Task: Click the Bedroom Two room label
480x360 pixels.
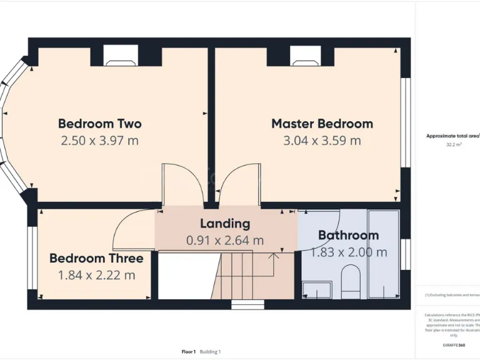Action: coord(100,124)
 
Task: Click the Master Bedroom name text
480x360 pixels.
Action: coord(322,124)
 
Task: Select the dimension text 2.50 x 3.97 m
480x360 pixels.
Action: coord(100,141)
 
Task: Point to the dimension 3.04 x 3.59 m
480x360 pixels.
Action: coord(322,141)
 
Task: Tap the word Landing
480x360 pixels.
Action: coord(225,223)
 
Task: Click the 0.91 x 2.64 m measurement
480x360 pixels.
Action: coord(225,240)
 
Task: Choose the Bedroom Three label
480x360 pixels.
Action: coord(96,258)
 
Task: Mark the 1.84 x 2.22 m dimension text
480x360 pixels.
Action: coord(96,275)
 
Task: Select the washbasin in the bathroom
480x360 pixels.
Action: coord(317,289)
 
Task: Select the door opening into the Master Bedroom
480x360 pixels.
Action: coord(239,184)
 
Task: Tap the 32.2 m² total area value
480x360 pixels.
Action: coord(454,144)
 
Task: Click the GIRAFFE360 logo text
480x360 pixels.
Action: coord(453,345)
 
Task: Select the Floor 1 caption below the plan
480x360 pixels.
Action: coord(189,352)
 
